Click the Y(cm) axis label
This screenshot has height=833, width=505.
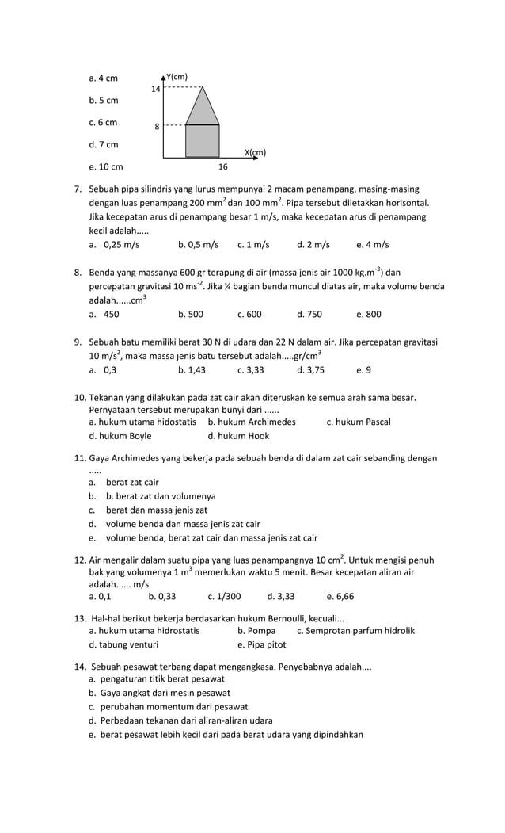click(177, 77)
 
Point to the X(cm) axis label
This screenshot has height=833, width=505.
click(255, 152)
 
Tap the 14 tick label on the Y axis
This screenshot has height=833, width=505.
click(156, 89)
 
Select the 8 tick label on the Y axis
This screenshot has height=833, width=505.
click(157, 127)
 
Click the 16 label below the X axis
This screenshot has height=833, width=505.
click(223, 167)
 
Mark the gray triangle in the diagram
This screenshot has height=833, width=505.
click(203, 109)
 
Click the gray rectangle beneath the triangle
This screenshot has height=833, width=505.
click(203, 140)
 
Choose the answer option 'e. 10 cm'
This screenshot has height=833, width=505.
click(106, 167)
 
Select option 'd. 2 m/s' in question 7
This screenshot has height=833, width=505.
click(313, 245)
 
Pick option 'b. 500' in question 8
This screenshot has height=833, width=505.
click(191, 314)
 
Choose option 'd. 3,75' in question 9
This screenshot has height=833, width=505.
click(310, 369)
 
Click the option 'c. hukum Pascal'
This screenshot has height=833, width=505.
click(359, 422)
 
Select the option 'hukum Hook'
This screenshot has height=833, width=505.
click(238, 436)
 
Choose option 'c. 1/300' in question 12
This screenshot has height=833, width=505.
click(224, 596)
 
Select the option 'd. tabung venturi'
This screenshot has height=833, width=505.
click(123, 644)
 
